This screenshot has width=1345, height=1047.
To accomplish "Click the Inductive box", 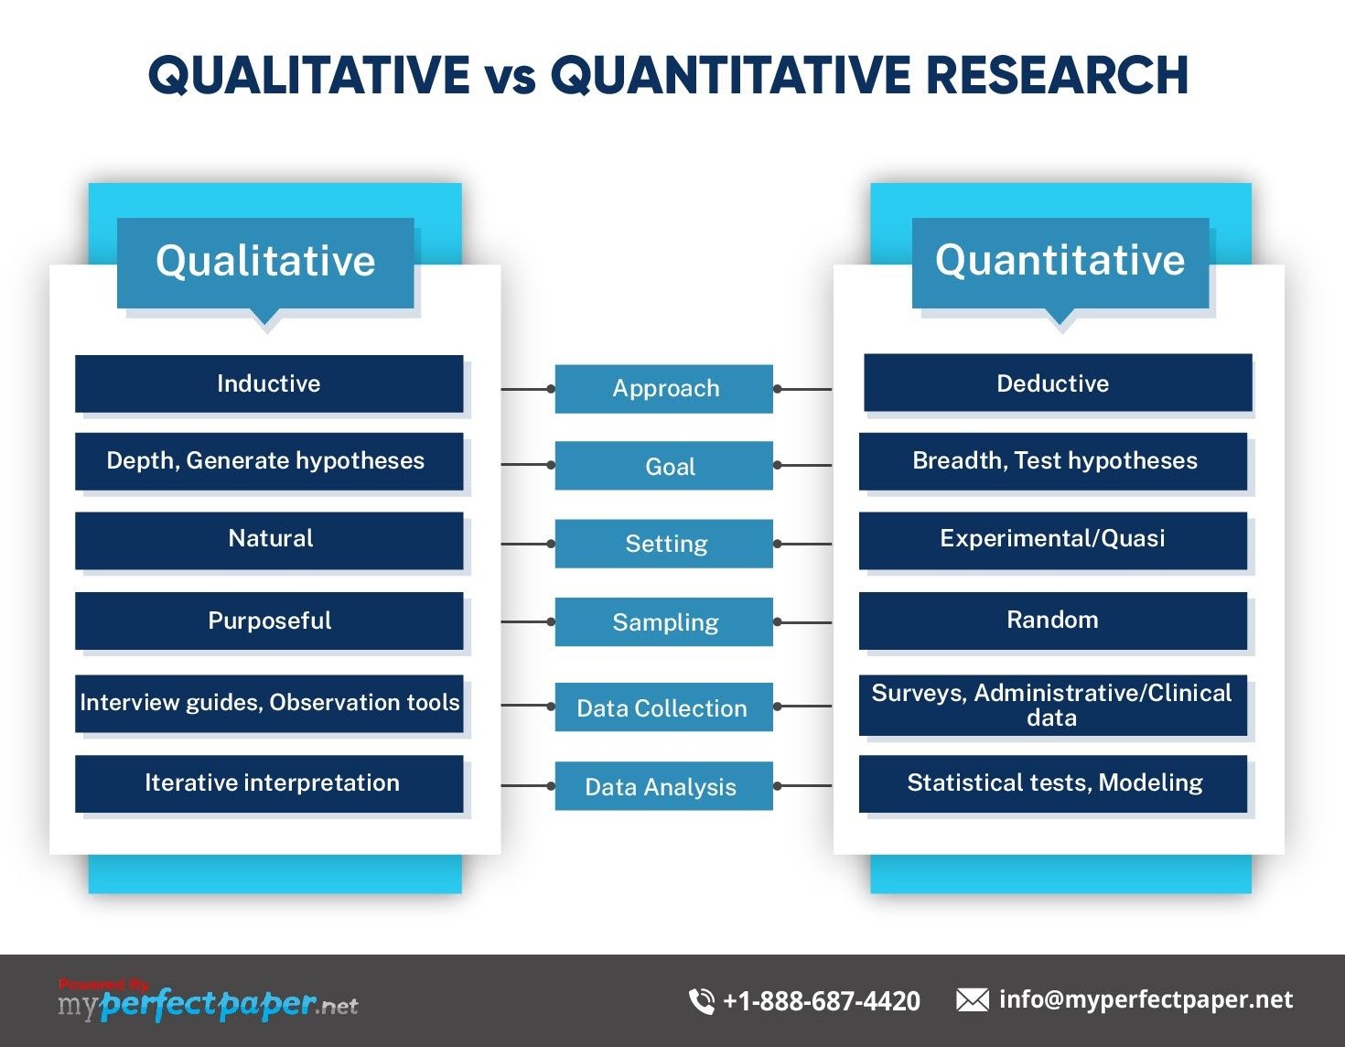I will pos(269,383).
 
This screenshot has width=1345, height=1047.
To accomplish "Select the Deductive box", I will pos(1057,383).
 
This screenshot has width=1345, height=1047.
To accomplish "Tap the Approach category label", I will pos(664,388).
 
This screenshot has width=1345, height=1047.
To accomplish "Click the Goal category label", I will pos(664,466).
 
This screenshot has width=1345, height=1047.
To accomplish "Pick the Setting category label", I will pos(664,544).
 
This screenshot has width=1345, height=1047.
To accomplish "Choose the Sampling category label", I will pos(664,622).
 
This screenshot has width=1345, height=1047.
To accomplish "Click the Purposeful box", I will pos(269,621).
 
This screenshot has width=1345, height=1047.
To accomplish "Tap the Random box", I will pos(1052,621).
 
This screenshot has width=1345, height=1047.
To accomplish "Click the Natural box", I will pos(269,539).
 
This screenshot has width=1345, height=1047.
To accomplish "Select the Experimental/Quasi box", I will pos(1052,539).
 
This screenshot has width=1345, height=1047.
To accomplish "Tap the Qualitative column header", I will pos(265,262).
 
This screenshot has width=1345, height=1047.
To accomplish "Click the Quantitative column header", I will pos(1060,261).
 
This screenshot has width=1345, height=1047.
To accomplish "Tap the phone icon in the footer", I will pos(702,1000).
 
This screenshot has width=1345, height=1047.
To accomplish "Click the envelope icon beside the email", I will pos(972,1000).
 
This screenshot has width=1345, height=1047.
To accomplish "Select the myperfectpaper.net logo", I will pos(209,1004).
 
